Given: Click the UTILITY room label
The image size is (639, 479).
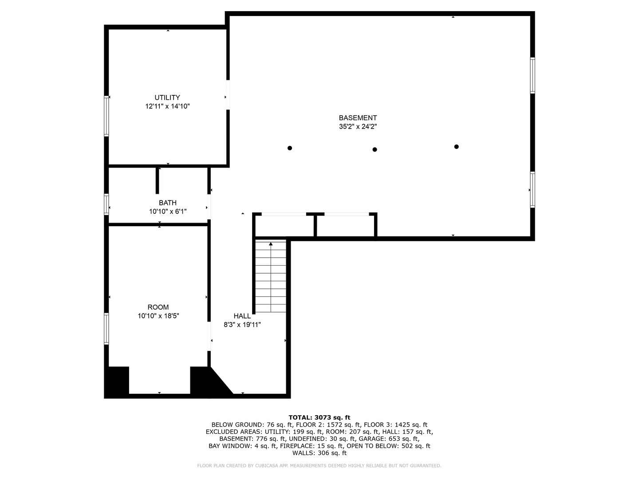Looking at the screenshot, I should (167, 98).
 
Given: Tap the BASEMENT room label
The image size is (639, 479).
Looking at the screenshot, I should (358, 118).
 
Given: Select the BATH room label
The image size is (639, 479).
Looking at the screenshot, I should (168, 203).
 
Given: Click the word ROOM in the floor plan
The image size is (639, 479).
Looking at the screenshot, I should (158, 307).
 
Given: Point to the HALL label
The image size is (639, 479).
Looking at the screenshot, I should (242, 316).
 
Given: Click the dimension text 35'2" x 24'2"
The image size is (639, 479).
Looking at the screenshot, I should (358, 126).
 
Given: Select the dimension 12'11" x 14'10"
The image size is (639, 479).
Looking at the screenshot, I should (167, 106).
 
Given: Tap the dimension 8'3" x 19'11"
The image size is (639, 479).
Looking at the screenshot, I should (242, 325).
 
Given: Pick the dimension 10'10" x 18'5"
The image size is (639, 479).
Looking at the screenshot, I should (158, 316).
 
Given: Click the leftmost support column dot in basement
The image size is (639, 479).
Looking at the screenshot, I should (290, 148).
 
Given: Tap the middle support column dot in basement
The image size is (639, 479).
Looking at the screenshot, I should (375, 149).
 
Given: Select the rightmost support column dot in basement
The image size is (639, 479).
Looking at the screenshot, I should (456, 147).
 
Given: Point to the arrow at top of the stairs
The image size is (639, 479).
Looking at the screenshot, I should (271, 244).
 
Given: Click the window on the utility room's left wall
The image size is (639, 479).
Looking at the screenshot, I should (106, 116).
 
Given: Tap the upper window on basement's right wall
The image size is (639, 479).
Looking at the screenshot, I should (532, 75).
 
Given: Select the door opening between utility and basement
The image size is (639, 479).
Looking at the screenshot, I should (228, 94).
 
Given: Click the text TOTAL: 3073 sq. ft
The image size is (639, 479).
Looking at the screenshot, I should (319, 417).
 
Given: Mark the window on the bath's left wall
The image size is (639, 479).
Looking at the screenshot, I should (106, 204).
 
